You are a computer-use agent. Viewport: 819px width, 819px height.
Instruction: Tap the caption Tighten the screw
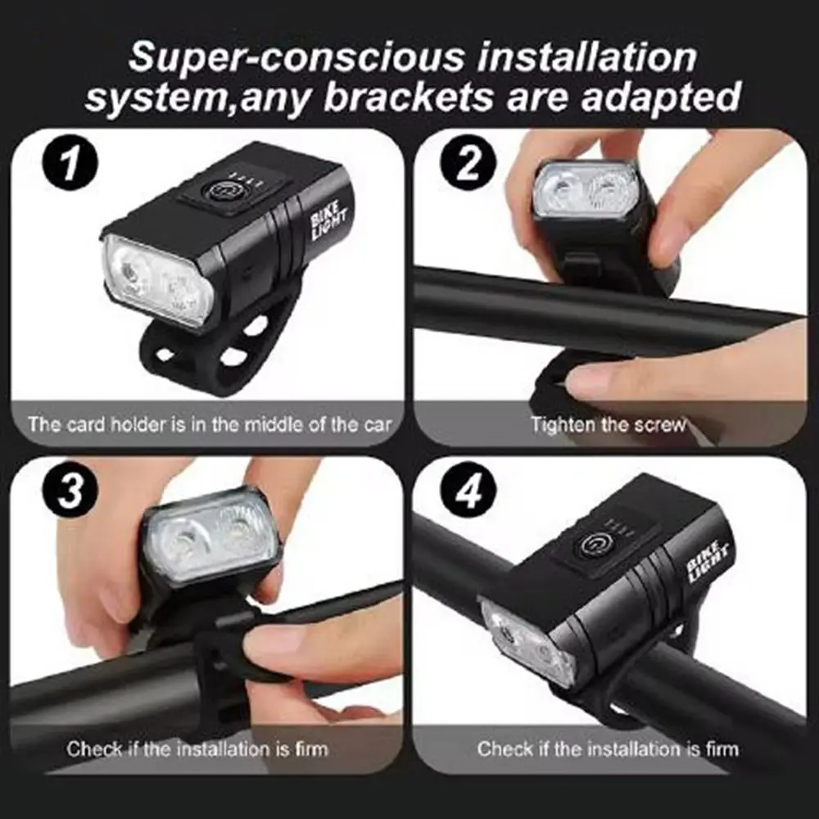(608, 424)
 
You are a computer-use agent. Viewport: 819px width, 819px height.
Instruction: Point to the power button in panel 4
(591, 545)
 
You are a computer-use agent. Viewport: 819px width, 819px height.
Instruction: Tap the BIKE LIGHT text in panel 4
(708, 561)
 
